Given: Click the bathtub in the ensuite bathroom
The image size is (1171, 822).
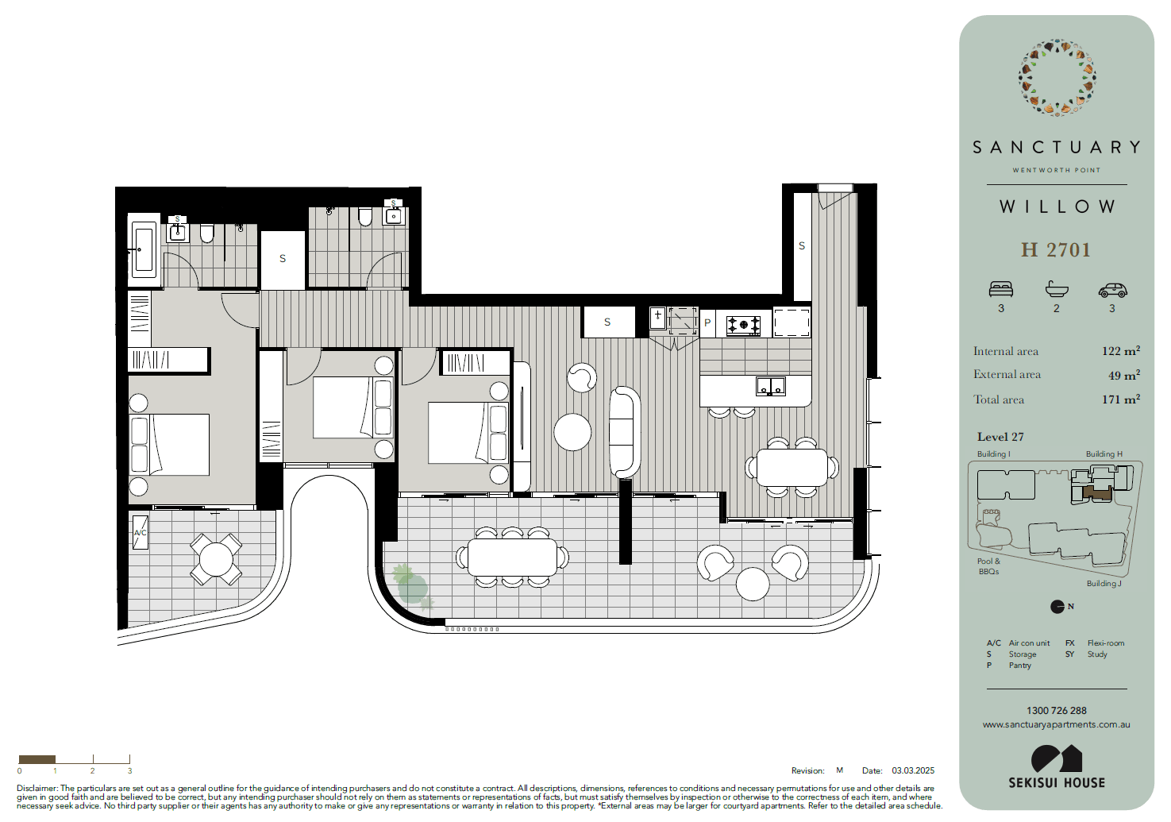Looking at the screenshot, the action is tap(144, 249).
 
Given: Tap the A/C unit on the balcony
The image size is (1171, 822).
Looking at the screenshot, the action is tap(140, 532).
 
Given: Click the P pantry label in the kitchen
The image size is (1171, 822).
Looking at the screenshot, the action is tap(707, 322).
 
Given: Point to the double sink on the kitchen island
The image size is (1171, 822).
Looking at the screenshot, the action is tap(771, 387).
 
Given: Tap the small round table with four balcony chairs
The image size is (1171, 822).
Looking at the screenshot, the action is tap(216, 559).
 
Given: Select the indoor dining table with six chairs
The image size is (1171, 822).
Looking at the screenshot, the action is tap(792, 467).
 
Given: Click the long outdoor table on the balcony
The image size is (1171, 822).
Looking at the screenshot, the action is tap(512, 558).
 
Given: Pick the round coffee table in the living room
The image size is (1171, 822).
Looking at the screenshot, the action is tap(572, 432).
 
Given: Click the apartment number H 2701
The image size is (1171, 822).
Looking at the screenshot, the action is tap(1056, 250).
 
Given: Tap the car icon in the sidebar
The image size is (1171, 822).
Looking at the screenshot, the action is tap(1112, 290).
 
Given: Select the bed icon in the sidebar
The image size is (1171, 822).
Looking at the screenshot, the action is tap(1001, 289).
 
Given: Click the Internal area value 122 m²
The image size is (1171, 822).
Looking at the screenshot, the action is tap(1121, 351).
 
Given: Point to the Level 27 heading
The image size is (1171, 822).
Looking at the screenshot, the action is tap(1000, 437).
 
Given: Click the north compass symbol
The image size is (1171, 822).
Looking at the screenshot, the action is tap(1057, 607).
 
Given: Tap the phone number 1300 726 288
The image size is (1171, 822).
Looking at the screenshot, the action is tap(1057, 711).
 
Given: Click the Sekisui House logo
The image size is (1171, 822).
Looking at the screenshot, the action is tap(1057, 766).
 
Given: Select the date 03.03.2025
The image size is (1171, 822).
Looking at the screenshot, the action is tap(913, 770).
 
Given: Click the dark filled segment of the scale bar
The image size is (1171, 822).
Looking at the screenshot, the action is tap(37, 759).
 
